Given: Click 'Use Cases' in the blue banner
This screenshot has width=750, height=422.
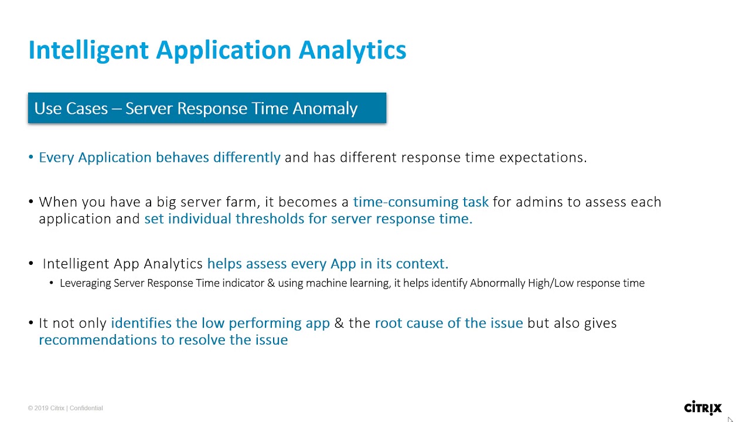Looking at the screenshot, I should [71, 108].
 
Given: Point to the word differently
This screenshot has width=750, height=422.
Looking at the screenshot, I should [247, 158].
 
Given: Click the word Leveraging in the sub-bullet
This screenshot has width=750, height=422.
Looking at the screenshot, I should [85, 283].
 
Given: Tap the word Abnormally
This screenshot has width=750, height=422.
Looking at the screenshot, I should [497, 283].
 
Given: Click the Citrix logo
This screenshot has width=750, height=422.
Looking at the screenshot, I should [703, 408].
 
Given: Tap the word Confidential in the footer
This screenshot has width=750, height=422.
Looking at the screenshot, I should [86, 409].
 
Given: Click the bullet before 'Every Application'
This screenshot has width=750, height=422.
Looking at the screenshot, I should [31, 158].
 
